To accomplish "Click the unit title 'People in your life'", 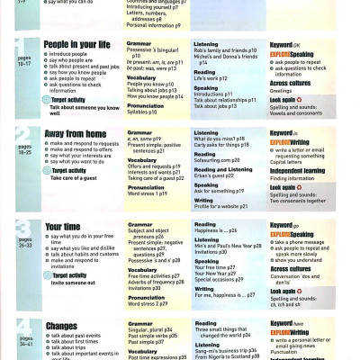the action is (x=77, y=43).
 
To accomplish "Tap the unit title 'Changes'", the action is (x=61, y=327).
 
